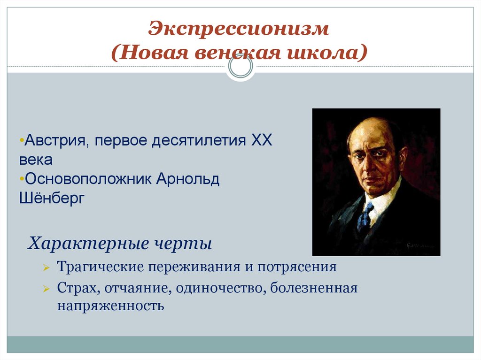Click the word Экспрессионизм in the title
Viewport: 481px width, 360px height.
coord(239,29)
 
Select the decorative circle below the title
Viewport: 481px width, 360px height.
coord(240,67)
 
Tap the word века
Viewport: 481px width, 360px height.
coord(36,160)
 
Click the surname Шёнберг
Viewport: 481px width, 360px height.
coord(52,199)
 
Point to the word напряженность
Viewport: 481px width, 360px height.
coord(111,306)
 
